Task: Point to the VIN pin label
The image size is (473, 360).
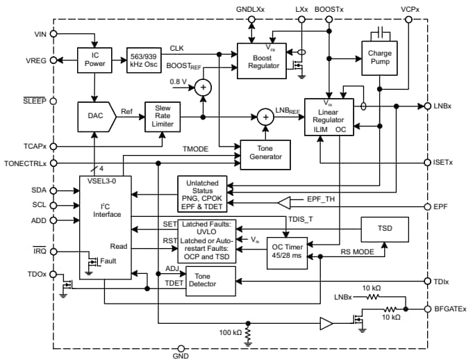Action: [41, 34]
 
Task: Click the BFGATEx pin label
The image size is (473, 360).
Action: [449, 309]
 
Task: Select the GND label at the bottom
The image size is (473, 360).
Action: [181, 355]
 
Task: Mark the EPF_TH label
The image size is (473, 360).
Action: [322, 199]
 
